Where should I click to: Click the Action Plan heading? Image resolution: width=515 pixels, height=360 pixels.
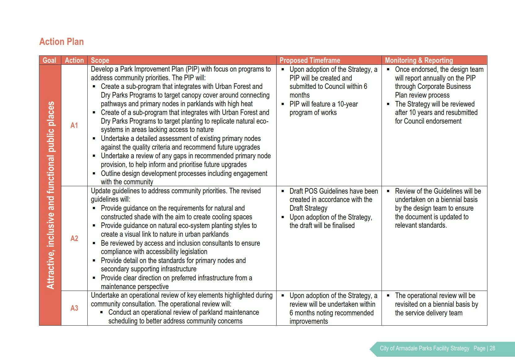coord(61,42)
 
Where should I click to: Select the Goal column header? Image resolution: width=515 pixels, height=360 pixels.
coord(50,60)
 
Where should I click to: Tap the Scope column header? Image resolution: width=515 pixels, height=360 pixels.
coord(100,60)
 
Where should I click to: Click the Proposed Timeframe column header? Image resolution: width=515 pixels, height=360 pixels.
coord(310,60)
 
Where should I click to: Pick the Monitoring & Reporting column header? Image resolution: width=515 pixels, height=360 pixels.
coord(419,60)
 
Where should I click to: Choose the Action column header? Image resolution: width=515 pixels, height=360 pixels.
coord(74,60)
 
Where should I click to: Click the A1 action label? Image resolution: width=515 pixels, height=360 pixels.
coord(74,125)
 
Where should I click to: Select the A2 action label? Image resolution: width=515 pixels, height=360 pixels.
coord(74,238)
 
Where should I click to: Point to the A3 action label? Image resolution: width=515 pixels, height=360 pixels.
coord(74,308)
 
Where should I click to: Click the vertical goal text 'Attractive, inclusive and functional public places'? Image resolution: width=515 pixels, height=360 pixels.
coord(50,195)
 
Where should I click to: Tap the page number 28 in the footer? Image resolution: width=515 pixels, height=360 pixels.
coord(492,348)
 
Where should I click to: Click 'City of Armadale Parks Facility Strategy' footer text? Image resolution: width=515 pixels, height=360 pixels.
coord(424,348)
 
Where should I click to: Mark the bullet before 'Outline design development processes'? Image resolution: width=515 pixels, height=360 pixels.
coord(94,173)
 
